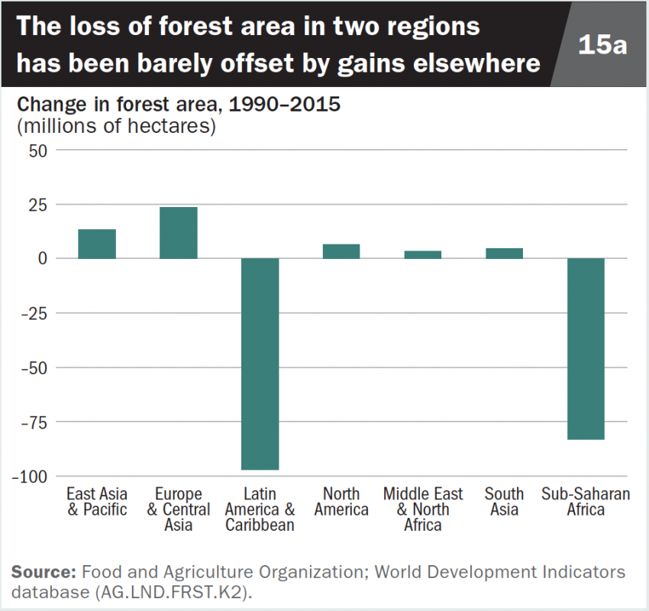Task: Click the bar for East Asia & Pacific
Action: (x=97, y=244)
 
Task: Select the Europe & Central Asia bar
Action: (x=178, y=233)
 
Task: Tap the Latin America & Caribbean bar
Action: (x=260, y=364)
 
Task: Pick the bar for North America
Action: (x=341, y=251)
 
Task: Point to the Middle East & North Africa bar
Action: (x=422, y=254)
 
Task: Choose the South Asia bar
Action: (x=504, y=254)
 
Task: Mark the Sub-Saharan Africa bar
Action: (x=586, y=348)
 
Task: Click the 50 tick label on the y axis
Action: (x=38, y=150)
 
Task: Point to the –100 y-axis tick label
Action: (x=31, y=476)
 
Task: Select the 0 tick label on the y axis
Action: (x=43, y=259)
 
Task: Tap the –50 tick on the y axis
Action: (x=34, y=367)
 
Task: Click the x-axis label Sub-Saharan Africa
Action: (x=586, y=502)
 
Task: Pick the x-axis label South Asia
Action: (x=504, y=502)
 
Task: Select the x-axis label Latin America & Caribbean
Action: (x=260, y=509)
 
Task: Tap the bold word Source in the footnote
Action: (x=43, y=571)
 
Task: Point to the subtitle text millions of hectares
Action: (x=117, y=126)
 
